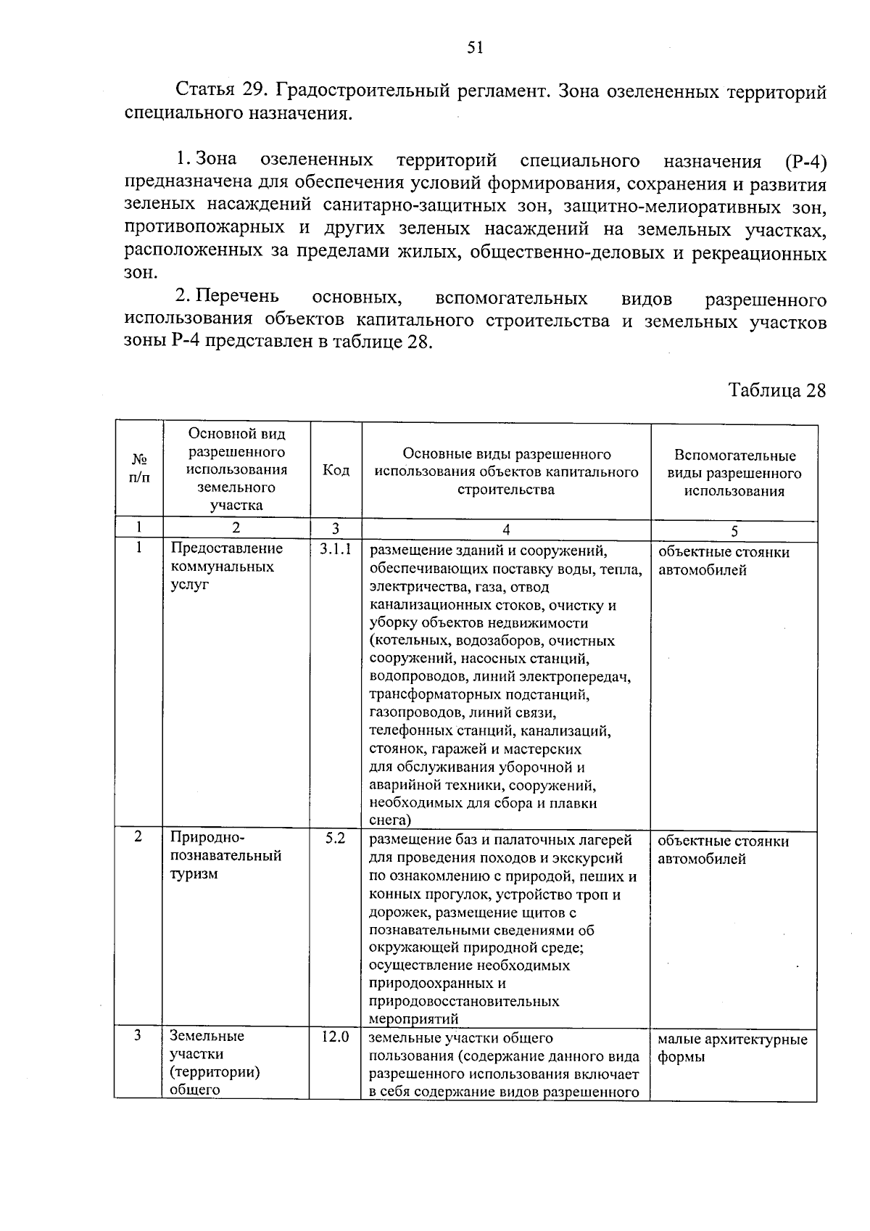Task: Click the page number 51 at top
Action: [x=475, y=48]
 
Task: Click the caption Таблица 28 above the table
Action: [x=777, y=390]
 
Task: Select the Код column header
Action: [x=336, y=471]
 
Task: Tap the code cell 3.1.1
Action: [x=336, y=549]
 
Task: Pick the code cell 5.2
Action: [x=335, y=838]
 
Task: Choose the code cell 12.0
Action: [x=335, y=1037]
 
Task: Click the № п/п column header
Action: [x=140, y=469]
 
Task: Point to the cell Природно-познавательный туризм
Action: [x=225, y=856]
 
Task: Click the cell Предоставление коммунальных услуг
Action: [x=226, y=567]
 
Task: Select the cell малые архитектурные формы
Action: [x=732, y=1048]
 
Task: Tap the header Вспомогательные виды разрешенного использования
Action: [x=734, y=473]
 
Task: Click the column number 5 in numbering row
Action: [x=734, y=531]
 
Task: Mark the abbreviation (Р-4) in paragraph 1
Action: [x=805, y=161]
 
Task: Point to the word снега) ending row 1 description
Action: [x=391, y=820]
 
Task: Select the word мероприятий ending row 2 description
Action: [x=414, y=1019]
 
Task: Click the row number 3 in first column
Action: [x=138, y=1036]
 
